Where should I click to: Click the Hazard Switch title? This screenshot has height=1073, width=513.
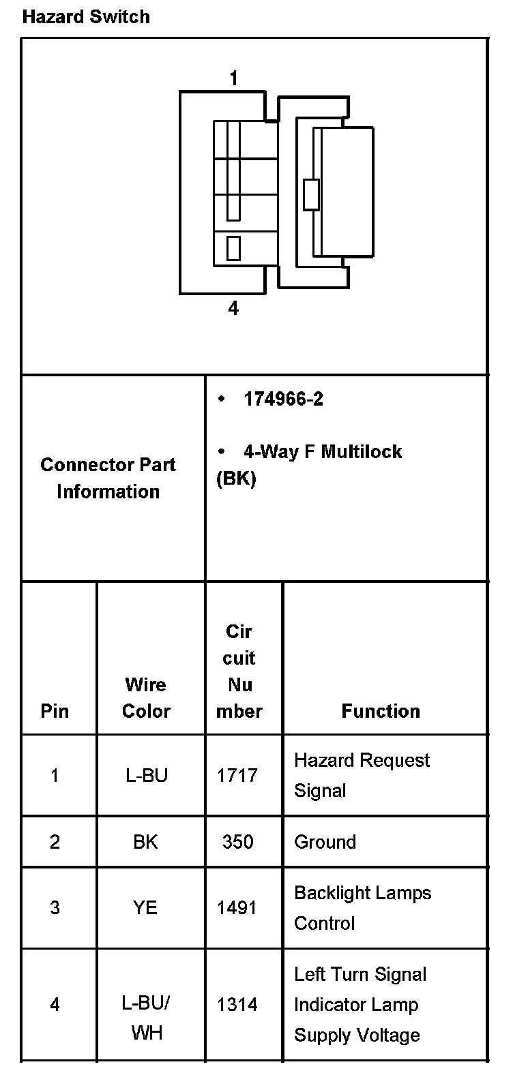pyautogui.click(x=86, y=17)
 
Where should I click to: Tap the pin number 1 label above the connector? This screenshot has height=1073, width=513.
pyautogui.click(x=234, y=79)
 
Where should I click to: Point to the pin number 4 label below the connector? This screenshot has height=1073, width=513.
pyautogui.click(x=233, y=309)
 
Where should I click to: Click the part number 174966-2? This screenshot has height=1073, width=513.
pyautogui.click(x=283, y=399)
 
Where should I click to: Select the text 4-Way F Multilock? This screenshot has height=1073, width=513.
pyautogui.click(x=322, y=452)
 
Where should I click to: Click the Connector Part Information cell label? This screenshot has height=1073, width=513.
pyautogui.click(x=108, y=478)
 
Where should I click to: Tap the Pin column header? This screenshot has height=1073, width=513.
pyautogui.click(x=55, y=711)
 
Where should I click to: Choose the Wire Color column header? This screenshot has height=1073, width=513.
pyautogui.click(x=146, y=697)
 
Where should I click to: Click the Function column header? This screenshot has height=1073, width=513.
pyautogui.click(x=381, y=711)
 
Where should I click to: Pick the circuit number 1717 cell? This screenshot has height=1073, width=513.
pyautogui.click(x=237, y=776)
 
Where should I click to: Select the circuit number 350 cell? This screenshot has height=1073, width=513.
pyautogui.click(x=237, y=842)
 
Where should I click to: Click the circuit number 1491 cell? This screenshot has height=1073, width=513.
pyautogui.click(x=237, y=908)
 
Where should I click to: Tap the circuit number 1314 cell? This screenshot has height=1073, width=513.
pyautogui.click(x=237, y=1005)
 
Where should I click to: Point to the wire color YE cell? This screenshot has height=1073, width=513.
pyautogui.click(x=146, y=908)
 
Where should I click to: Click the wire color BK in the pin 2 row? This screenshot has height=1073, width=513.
pyautogui.click(x=146, y=842)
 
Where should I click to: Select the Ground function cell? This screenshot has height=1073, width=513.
pyautogui.click(x=325, y=842)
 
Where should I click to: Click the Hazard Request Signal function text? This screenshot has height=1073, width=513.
pyautogui.click(x=362, y=776)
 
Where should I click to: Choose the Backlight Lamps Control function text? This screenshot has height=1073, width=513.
pyautogui.click(x=362, y=908)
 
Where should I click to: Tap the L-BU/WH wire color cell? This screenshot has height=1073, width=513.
pyautogui.click(x=146, y=1018)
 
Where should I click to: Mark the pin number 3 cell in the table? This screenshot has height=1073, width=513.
pyautogui.click(x=55, y=908)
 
